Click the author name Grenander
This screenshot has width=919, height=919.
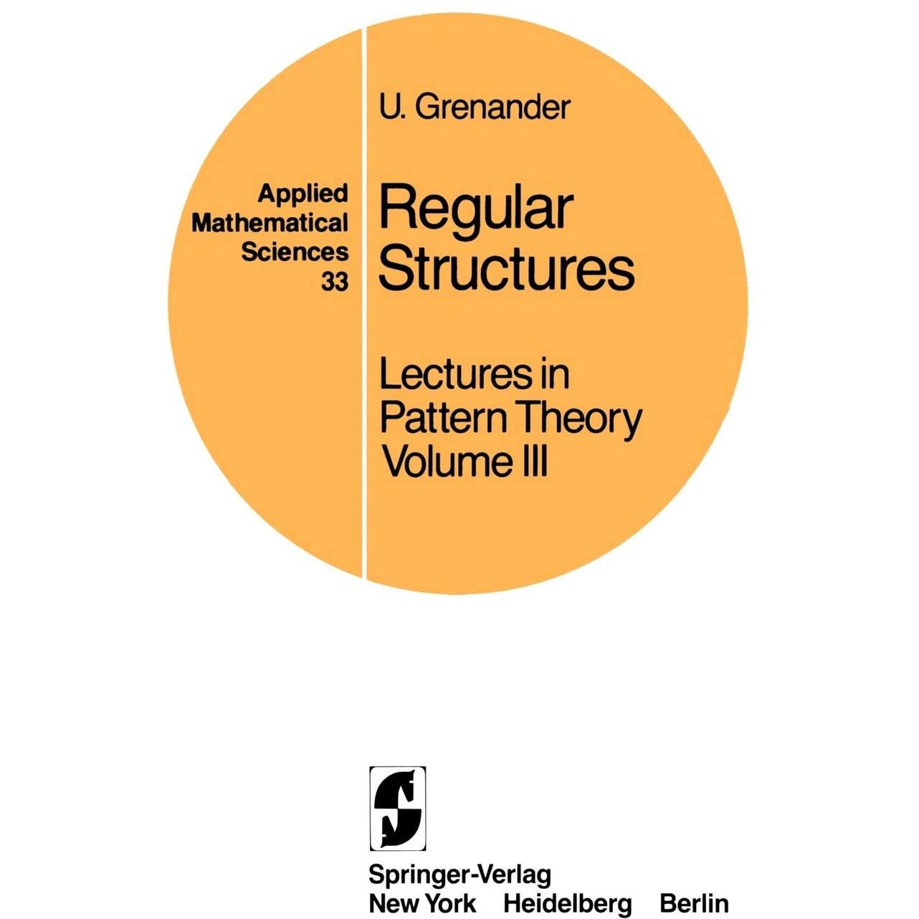tap(492, 107)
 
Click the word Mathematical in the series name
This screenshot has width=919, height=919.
tap(270, 222)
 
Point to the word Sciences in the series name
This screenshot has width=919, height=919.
tap(295, 252)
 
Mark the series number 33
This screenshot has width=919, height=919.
tap(335, 282)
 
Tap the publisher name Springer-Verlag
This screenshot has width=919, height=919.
tap(459, 874)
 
